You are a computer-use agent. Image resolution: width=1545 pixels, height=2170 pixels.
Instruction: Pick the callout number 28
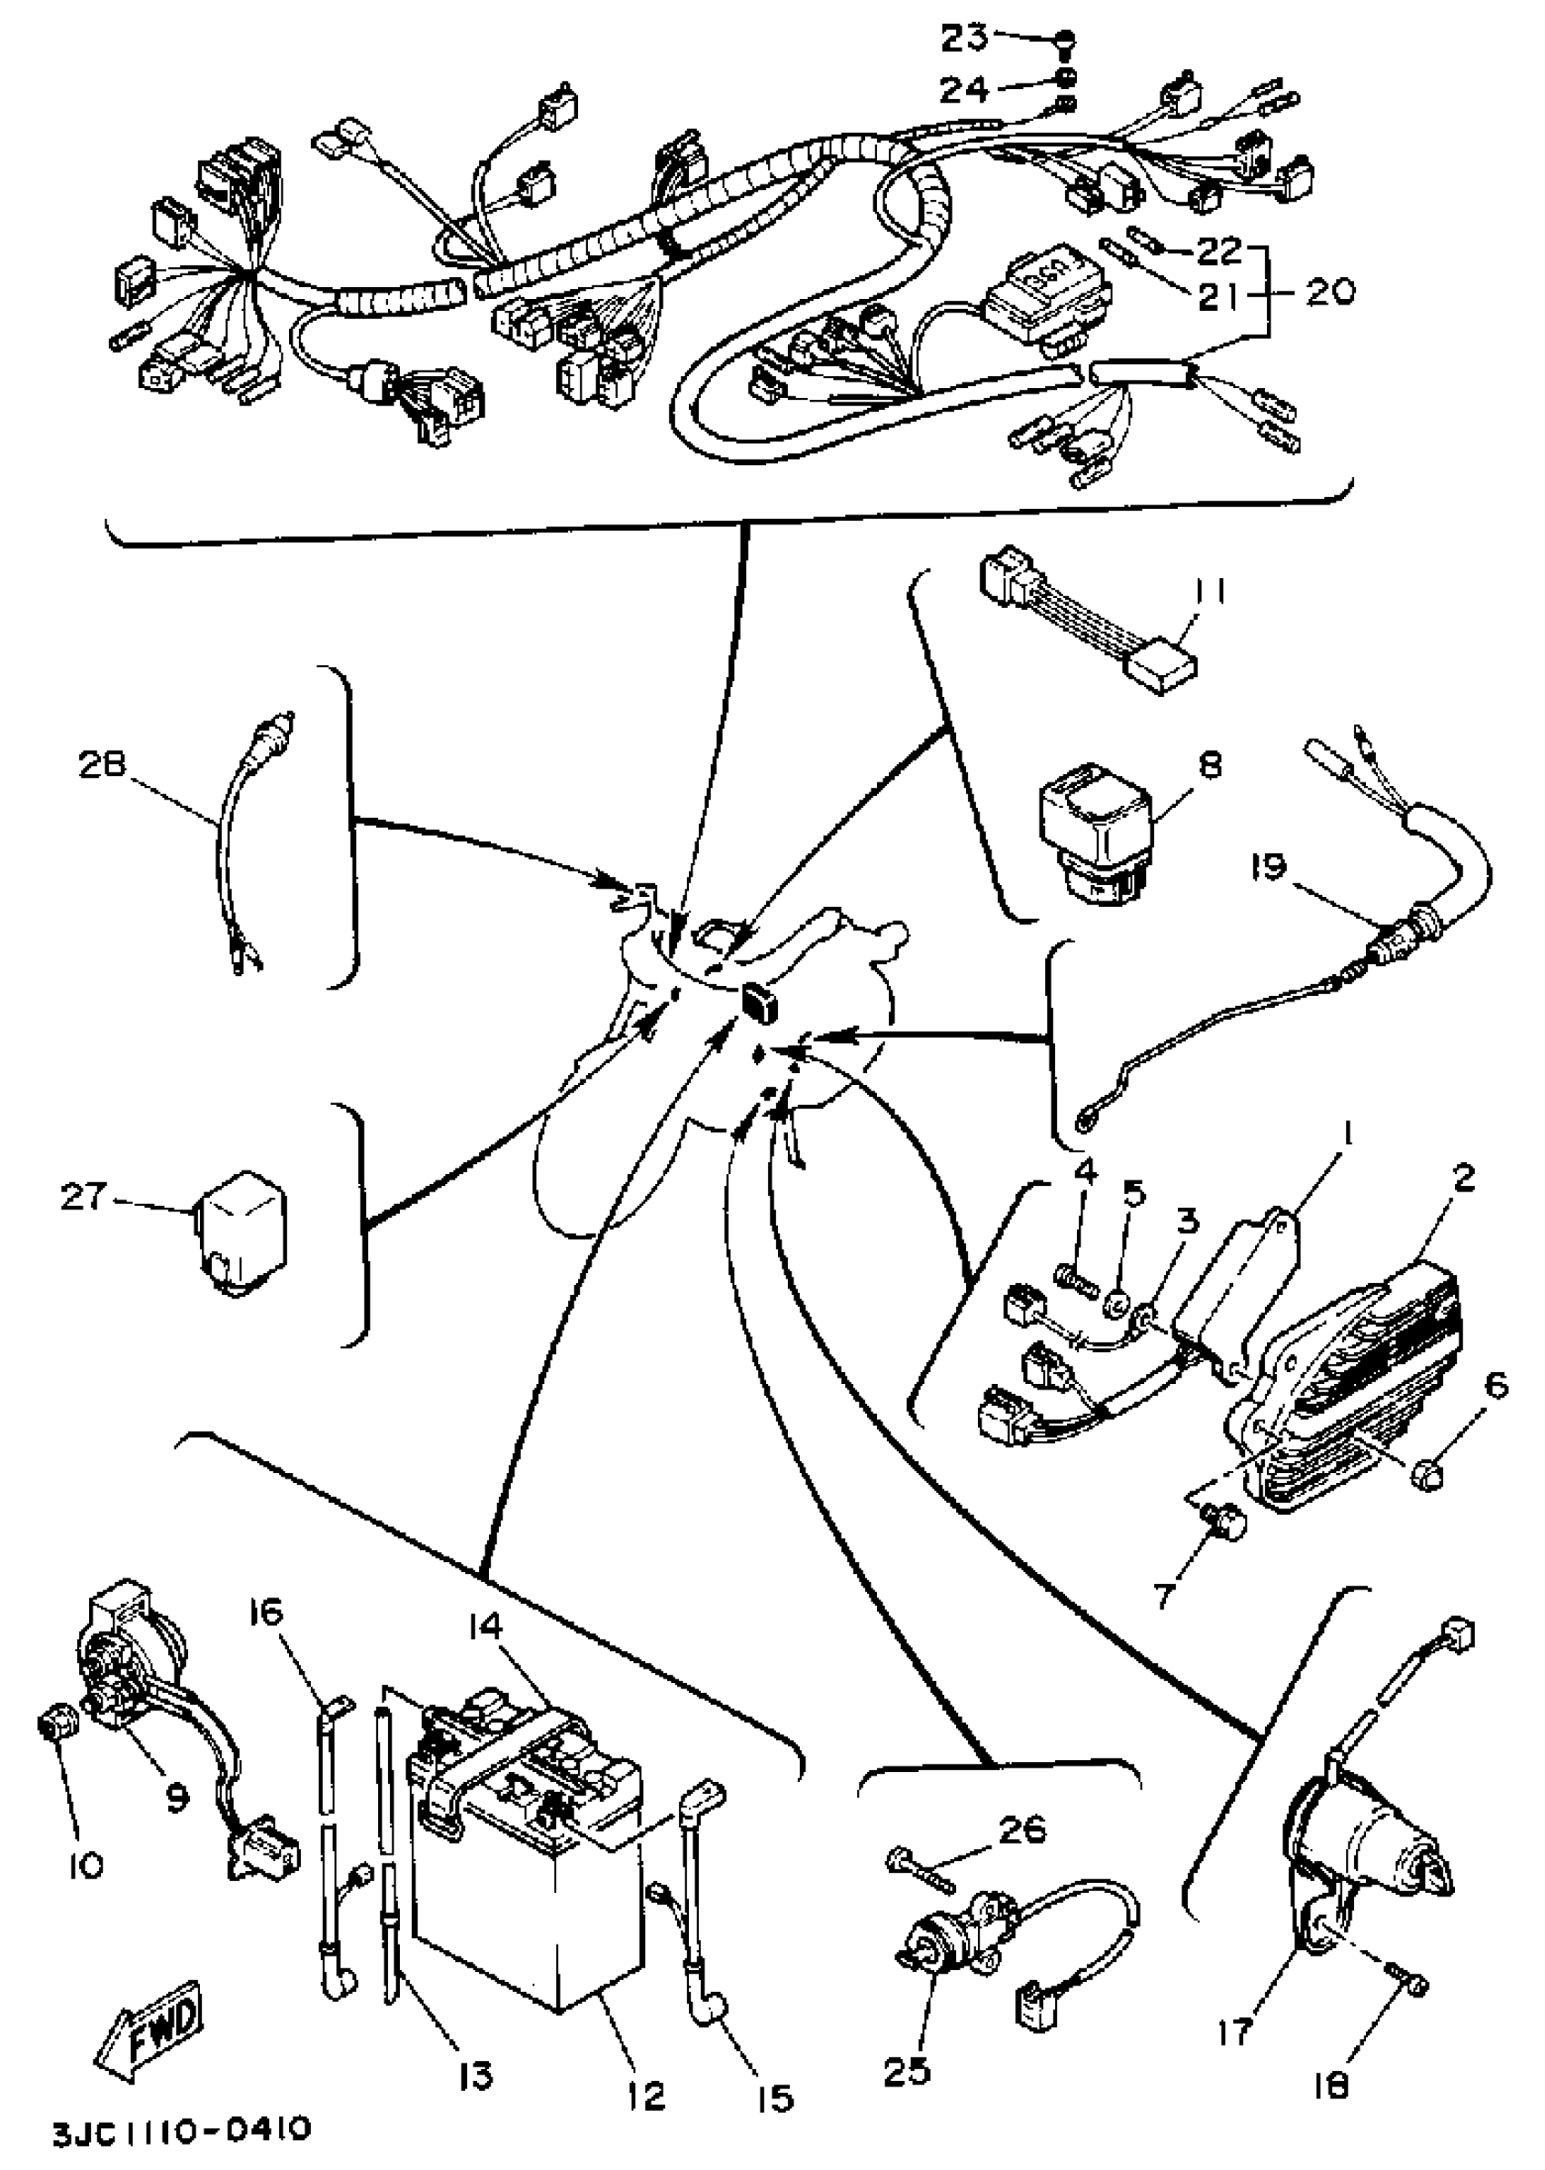pos(102,767)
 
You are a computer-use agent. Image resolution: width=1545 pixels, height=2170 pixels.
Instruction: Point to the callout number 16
pos(267,1616)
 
